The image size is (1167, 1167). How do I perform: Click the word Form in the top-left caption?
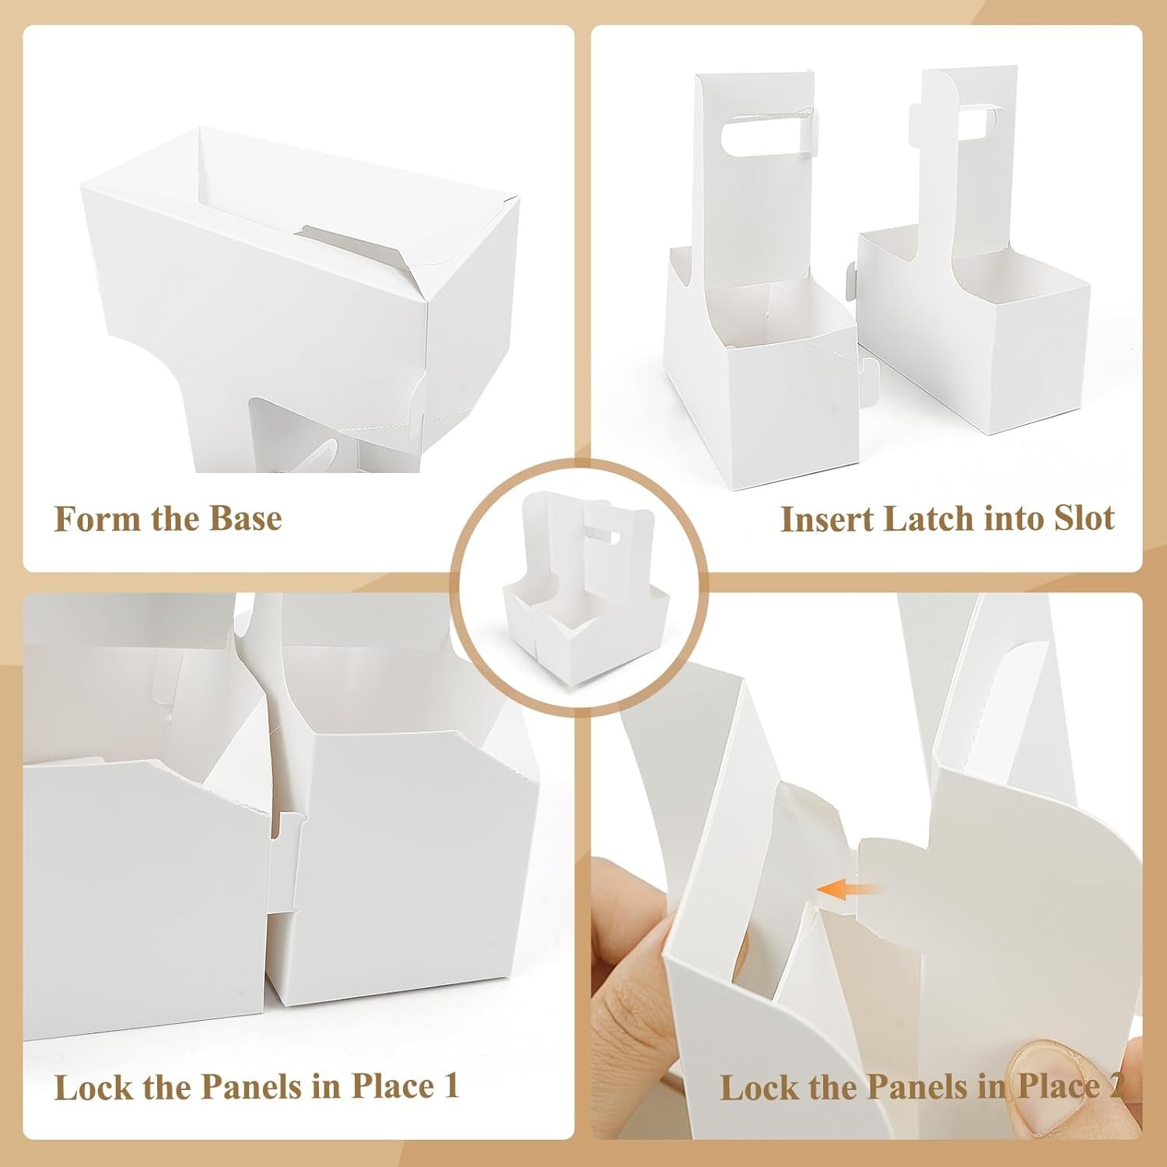coord(86,519)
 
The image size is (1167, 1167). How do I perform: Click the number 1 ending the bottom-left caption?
coord(450,1086)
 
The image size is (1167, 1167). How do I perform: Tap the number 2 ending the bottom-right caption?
coord(1113,1086)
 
